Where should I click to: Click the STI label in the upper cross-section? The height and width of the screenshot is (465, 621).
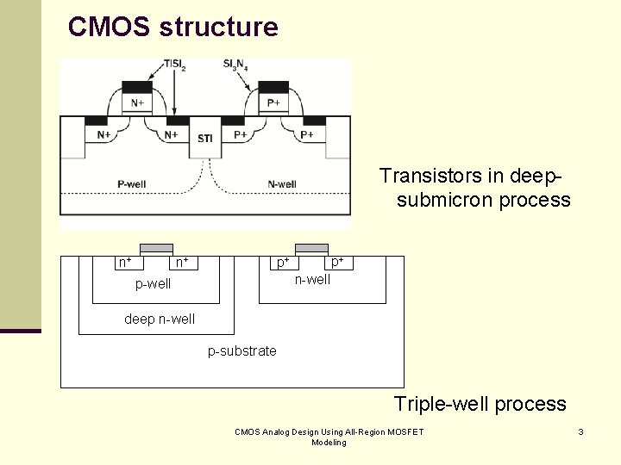tap(205, 139)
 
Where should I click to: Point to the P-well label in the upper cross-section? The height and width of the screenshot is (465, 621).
tap(132, 183)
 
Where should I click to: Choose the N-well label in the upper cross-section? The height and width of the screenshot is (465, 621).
tap(282, 183)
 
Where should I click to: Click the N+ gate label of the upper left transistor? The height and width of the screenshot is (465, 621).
tap(138, 103)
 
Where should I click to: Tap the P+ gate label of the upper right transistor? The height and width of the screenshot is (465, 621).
tap(273, 103)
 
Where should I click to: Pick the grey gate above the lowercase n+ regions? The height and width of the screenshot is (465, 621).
tap(156, 249)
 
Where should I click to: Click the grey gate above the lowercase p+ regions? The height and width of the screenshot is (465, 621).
tap(311, 249)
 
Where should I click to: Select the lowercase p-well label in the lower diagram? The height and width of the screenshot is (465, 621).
tap(154, 284)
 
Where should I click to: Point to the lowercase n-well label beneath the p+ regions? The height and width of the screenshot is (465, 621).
tap(312, 279)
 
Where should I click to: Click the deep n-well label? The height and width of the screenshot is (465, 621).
tap(160, 319)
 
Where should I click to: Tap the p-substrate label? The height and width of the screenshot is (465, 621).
tap(242, 350)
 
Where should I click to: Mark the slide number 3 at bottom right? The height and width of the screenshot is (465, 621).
tap(581, 431)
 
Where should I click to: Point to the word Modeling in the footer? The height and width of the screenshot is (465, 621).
tap(329, 443)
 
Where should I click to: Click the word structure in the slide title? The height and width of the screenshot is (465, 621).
tap(218, 27)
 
